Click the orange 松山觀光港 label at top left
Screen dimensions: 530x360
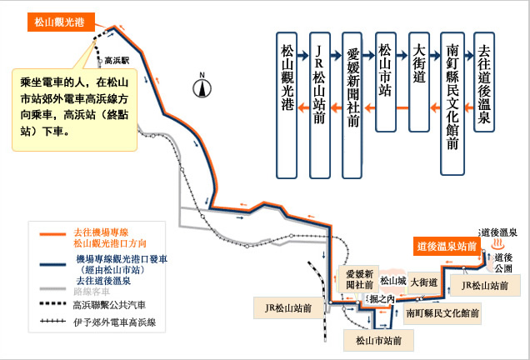pyautogui.click(x=61, y=22)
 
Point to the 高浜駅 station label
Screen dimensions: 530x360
pyautogui.click(x=117, y=61)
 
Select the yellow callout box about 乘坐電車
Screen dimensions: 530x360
pyautogui.click(x=74, y=110)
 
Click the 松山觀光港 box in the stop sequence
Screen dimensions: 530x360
pyautogui.click(x=287, y=105)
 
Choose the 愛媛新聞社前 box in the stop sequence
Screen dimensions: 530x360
pyautogui.click(x=352, y=105)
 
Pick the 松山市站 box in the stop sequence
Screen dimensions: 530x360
pyautogui.click(x=385, y=82)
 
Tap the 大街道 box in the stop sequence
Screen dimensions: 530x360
pyautogui.click(x=419, y=82)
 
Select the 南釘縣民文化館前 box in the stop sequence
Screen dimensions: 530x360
pyautogui.click(x=452, y=103)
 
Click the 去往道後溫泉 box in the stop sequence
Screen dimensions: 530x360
pyautogui.click(x=484, y=82)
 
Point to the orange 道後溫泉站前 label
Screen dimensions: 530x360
pyautogui.click(x=447, y=246)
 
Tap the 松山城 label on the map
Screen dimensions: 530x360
pyautogui.click(x=393, y=281)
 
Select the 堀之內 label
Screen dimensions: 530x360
pyautogui.click(x=382, y=299)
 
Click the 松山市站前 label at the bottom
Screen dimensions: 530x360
pyautogui.click(x=378, y=340)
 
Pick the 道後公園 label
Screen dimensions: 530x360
pyautogui.click(x=503, y=263)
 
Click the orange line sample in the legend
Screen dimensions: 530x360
pyautogui.click(x=52, y=234)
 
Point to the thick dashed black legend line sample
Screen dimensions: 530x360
pyautogui.click(x=52, y=303)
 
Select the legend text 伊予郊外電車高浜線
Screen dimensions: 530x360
pyautogui.click(x=115, y=322)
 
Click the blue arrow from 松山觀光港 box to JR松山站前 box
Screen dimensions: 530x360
pyautogui.click(x=303, y=55)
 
